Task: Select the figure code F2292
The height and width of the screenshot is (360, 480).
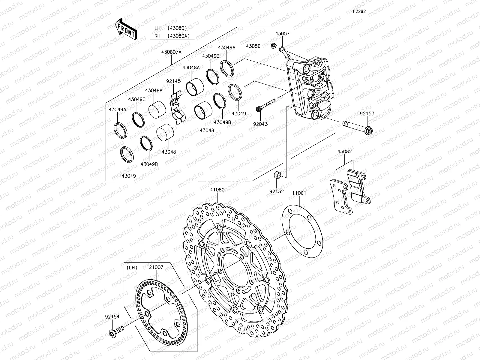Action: coord(359,11)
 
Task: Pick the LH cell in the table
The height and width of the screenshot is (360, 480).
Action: coord(157,28)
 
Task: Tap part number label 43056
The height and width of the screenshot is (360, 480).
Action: coord(253,46)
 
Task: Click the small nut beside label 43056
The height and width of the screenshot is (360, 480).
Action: coord(273,46)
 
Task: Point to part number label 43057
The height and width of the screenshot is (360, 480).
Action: coord(282,34)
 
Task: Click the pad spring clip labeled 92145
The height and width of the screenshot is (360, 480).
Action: coord(177,107)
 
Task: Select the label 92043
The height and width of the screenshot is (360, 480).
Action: coord(260,124)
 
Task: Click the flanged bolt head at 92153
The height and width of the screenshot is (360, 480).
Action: coord(370,131)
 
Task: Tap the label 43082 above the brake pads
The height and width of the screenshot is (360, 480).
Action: coord(344,151)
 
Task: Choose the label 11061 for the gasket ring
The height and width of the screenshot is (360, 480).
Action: coord(299,193)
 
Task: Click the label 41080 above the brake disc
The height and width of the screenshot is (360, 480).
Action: coord(217,190)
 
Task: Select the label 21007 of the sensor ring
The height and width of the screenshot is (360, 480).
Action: coord(156,267)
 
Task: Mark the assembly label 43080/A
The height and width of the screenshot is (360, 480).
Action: coord(171,52)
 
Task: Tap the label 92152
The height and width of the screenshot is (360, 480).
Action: coord(276,191)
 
